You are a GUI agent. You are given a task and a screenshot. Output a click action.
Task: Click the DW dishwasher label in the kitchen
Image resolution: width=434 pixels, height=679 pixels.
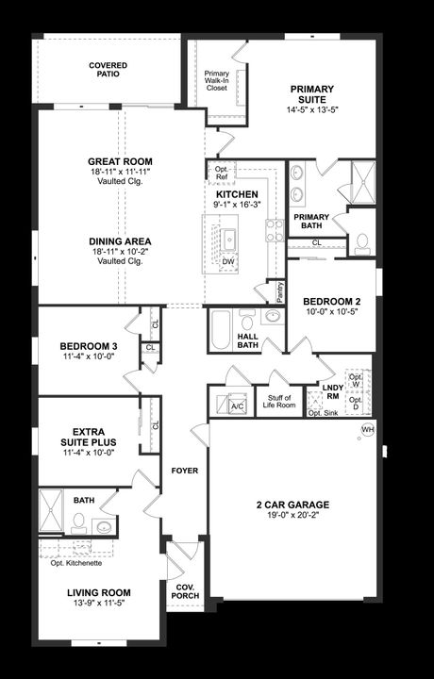228,261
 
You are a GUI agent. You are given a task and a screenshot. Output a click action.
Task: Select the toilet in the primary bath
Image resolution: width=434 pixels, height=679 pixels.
361,242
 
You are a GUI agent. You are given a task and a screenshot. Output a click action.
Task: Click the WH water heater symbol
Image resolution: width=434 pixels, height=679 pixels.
367,430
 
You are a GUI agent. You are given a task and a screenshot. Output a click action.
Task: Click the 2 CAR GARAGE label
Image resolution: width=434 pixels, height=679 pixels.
292,505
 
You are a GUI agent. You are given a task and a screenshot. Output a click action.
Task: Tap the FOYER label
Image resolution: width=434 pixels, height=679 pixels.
184,470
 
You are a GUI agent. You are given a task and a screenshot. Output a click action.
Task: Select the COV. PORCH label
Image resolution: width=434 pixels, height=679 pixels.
185,591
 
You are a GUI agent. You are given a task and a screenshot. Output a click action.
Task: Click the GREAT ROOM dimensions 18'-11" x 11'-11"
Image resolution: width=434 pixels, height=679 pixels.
120,174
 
